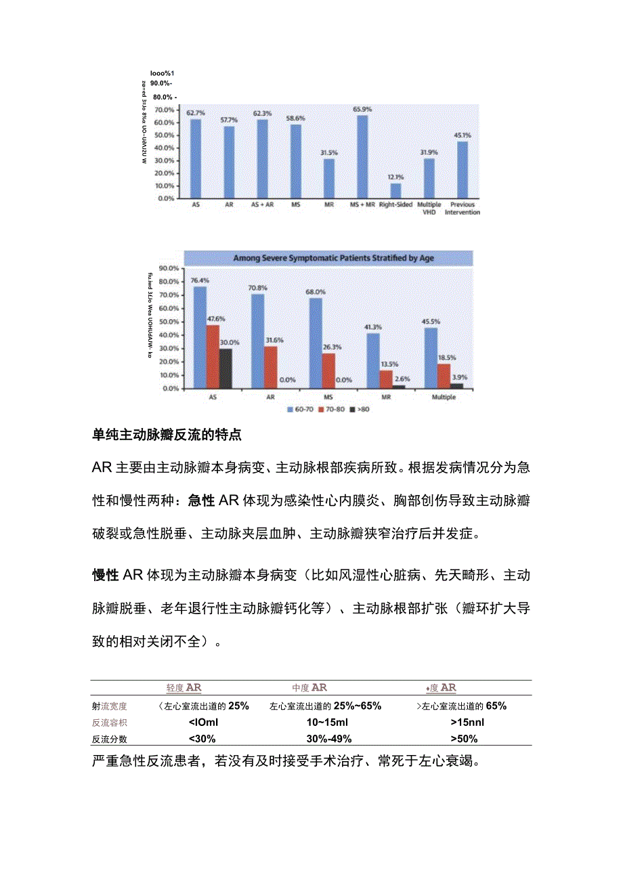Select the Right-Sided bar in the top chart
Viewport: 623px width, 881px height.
click(395, 190)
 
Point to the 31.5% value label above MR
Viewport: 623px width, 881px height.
click(329, 153)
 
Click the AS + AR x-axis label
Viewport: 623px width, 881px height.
click(261, 205)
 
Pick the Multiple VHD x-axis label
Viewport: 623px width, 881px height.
click(429, 208)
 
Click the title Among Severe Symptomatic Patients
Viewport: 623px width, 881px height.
click(333, 258)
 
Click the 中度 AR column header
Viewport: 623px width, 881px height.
click(310, 688)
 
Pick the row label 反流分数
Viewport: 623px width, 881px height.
click(109, 739)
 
